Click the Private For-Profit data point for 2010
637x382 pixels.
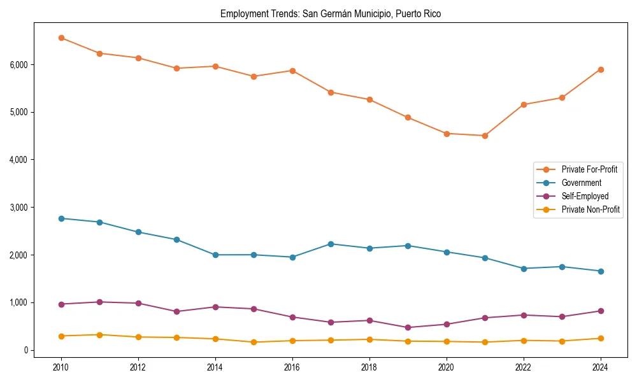61,38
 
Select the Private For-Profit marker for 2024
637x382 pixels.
600,69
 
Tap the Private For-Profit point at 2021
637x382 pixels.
485,136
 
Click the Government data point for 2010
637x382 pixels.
61,218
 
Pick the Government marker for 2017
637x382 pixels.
331,244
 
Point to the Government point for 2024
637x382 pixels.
600,271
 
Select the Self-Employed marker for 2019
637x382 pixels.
408,328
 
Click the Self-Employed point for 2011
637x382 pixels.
99,302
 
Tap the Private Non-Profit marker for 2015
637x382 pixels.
254,342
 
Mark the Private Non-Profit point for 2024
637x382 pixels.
600,338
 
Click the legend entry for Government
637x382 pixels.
581,183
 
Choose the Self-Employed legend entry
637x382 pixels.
585,196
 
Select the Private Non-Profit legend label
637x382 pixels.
590,209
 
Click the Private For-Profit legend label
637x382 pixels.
589,169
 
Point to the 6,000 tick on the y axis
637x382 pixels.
18,64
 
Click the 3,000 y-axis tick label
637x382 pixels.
18,208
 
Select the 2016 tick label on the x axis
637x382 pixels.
292,367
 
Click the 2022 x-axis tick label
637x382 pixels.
523,367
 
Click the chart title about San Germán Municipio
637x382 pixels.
331,13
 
